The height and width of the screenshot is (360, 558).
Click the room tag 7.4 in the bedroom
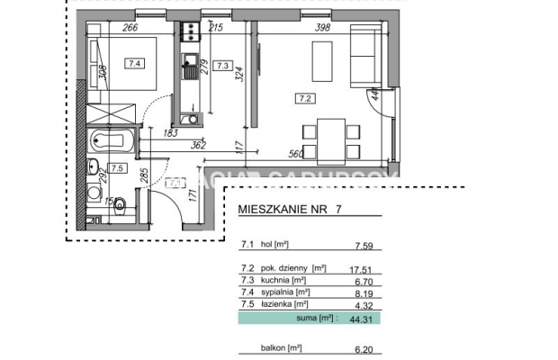pyautogui.click(x=135, y=63)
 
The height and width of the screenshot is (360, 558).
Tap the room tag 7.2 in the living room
pyautogui.click(x=304, y=99)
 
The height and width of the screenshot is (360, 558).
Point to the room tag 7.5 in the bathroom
pyautogui.click(x=117, y=168)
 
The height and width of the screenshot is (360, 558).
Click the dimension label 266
pyautogui.click(x=130, y=28)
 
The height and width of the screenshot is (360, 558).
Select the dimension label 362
pyautogui.click(x=198, y=144)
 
